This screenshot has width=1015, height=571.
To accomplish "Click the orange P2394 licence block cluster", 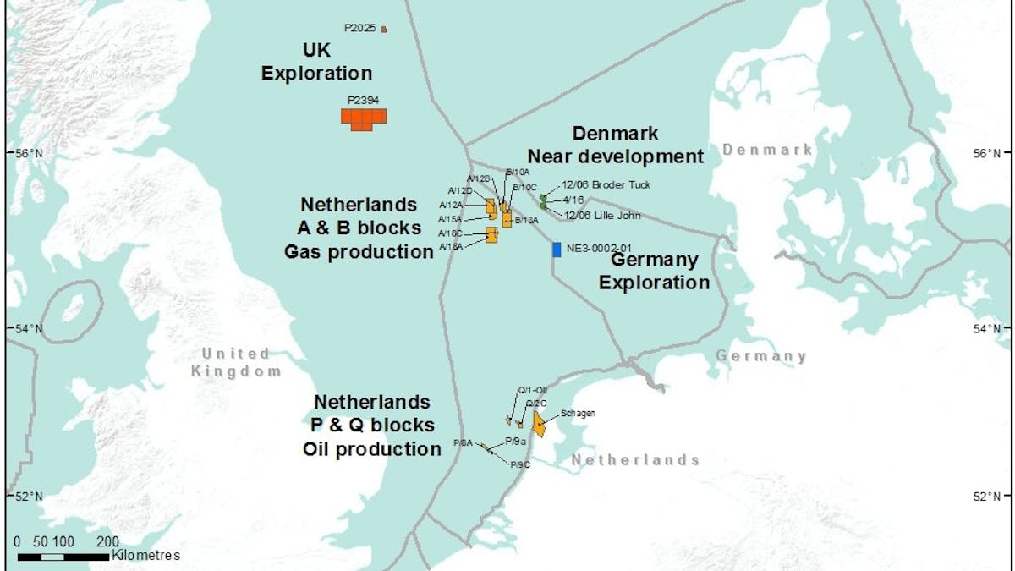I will coord(364,118).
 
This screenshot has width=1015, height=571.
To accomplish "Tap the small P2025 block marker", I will coord(384,29).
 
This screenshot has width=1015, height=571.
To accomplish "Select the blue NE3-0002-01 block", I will coord(556,250).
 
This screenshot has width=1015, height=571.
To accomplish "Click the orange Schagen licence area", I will coord(538,424).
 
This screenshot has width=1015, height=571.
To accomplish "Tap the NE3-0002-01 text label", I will coord(601,250).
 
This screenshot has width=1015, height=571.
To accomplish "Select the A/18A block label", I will coord(450,246).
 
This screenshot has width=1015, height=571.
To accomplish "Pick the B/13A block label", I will coord(526,220).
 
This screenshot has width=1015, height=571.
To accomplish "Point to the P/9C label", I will coord(519,464).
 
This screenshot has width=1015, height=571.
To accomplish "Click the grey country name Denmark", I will coord(767,150).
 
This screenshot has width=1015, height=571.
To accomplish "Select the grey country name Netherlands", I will coord(635,460).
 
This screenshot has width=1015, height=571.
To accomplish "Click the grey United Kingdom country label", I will coord(236,362).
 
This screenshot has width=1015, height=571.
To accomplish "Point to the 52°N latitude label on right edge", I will coord(985,496).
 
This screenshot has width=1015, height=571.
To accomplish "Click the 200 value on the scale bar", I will coord(107,541).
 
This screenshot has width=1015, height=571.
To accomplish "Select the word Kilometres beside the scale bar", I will coord(145,556).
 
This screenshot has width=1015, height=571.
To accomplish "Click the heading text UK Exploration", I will coord(316,61).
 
